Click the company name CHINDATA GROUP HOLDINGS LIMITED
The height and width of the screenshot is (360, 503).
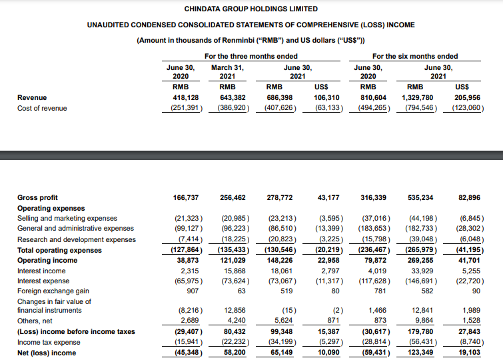[251, 9]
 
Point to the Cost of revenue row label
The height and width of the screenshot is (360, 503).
[42, 108]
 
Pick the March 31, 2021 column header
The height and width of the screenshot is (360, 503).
[227, 71]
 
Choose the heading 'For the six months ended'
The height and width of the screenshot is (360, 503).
[415, 56]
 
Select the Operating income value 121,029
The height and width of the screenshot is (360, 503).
[233, 261]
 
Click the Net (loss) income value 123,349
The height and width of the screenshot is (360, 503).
[420, 353]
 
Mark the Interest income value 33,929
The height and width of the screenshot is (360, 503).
[422, 271]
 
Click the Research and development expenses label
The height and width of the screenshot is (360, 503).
[76, 239]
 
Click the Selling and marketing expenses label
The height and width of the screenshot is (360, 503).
[67, 219]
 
